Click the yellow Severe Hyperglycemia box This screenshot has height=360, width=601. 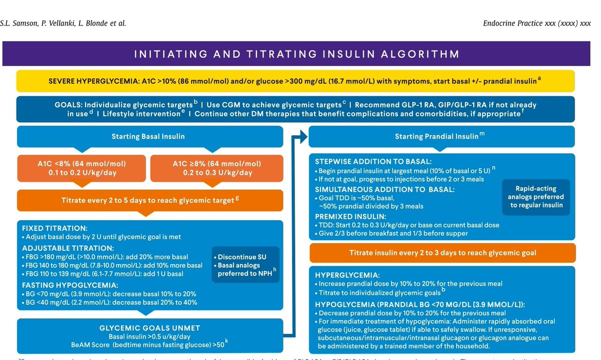[295, 81]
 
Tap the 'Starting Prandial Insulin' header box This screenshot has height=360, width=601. [439, 136]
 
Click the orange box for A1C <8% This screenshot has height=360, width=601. [82, 168]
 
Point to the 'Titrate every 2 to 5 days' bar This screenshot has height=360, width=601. [148, 201]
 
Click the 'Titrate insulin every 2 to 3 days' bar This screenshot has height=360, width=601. [439, 253]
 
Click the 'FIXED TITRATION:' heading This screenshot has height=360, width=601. [54, 228]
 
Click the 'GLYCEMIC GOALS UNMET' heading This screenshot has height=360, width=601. [149, 328]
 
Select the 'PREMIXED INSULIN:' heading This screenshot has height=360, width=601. [351, 216]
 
